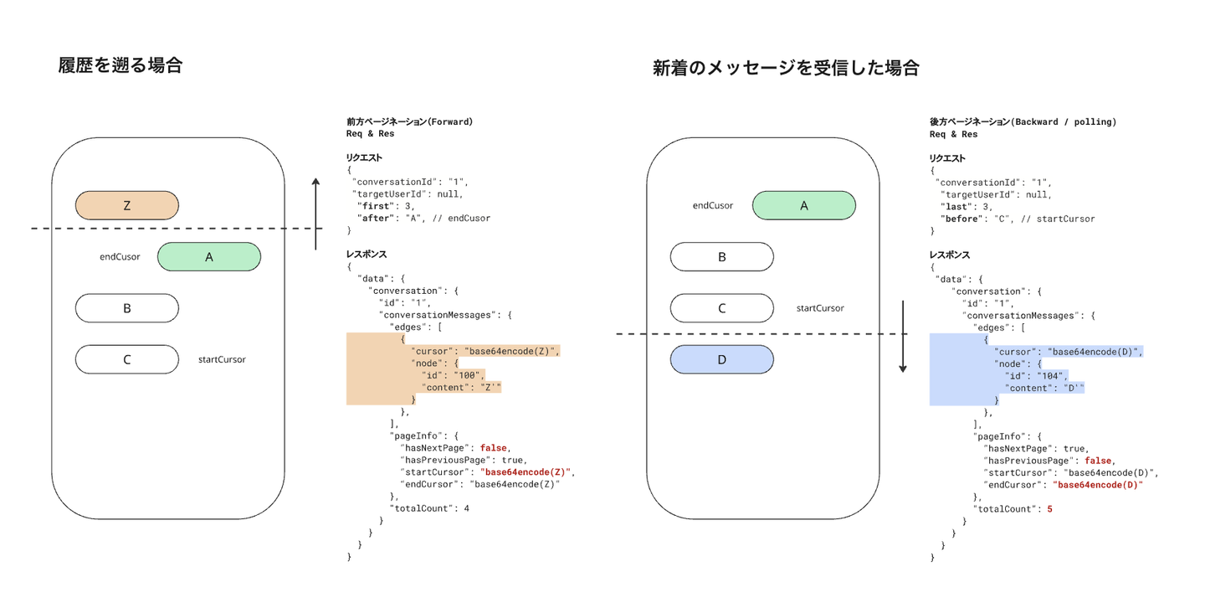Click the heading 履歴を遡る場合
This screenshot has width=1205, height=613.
click(x=120, y=65)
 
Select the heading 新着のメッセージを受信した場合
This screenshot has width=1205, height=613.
click(x=786, y=69)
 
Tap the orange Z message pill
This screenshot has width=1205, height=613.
click(x=127, y=205)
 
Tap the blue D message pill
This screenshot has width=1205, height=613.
click(x=721, y=359)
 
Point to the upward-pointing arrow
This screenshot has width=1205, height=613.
click(x=315, y=214)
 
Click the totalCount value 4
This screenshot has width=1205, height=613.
click(x=466, y=507)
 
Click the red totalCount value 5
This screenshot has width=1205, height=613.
click(x=1049, y=508)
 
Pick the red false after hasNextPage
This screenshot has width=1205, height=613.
click(x=494, y=447)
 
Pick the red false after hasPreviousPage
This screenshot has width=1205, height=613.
click(x=1097, y=461)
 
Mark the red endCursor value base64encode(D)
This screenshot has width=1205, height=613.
click(x=1097, y=484)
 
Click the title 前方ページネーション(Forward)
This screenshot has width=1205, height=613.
click(x=410, y=121)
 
